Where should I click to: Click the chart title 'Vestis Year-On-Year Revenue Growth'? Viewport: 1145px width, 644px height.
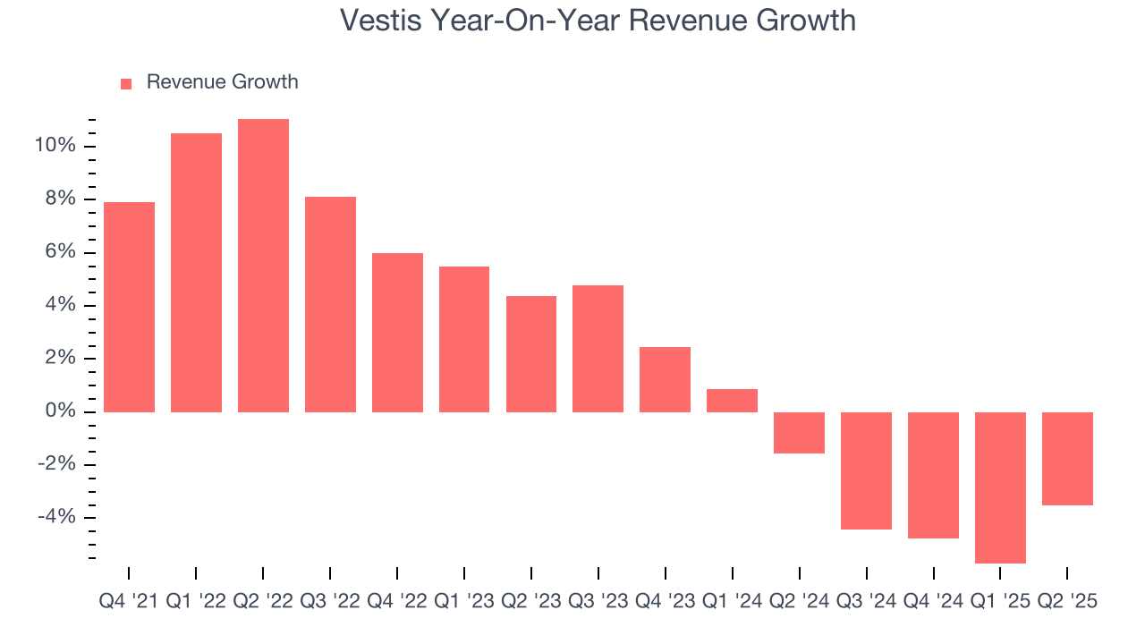598,21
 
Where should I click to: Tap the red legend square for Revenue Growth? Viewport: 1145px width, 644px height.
126,83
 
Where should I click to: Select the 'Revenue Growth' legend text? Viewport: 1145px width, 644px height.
222,82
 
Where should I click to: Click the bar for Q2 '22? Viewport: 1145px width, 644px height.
263,266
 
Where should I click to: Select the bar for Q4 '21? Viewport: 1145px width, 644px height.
129,307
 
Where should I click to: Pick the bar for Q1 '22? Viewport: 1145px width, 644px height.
196,273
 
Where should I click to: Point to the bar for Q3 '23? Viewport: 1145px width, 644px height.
598,349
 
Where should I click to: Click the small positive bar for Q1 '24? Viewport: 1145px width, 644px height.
732,401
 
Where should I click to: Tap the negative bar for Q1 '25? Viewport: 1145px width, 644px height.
1000,487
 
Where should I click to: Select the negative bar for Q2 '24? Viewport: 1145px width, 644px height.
799,433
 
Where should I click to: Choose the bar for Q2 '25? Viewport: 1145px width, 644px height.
1067,459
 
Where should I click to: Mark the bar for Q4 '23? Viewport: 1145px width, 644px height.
665,379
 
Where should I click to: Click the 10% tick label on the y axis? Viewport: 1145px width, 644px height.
56,146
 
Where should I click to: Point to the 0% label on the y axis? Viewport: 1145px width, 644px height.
61,411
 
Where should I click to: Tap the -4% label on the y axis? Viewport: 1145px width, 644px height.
57,517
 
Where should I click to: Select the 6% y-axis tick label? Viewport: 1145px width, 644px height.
61,252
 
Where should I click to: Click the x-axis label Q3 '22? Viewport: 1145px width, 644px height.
330,601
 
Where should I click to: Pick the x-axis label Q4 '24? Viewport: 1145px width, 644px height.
933,601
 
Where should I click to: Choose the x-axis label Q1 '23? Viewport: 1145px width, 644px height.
464,601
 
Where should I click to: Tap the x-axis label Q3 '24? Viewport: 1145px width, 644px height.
866,601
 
